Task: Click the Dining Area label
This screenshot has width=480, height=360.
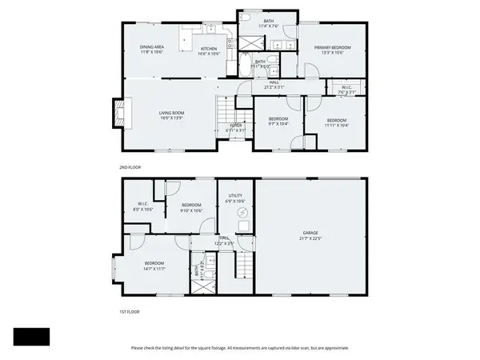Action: point(151,49)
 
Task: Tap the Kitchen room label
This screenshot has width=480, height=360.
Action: point(208,50)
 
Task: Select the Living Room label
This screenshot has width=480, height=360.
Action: point(171,115)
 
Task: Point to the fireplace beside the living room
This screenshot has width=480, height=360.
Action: point(118,113)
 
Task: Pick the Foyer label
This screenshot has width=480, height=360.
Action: point(236,127)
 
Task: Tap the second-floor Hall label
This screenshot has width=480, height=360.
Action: point(274,84)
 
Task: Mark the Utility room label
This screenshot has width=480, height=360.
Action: point(235,197)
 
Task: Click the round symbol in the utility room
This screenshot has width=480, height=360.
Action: point(234,213)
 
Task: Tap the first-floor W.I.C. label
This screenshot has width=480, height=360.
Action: point(143,206)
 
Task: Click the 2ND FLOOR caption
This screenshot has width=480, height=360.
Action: point(130,167)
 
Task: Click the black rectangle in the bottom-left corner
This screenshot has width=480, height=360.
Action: point(31,337)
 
